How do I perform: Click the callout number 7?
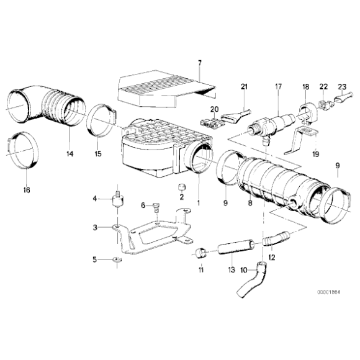(x=200, y=63)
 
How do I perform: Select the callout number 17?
(x=279, y=88)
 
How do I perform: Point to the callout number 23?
(x=341, y=88)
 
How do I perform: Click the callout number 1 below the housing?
(x=198, y=202)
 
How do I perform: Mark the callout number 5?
(x=95, y=259)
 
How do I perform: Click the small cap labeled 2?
(x=181, y=187)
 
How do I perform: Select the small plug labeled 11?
(x=201, y=253)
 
